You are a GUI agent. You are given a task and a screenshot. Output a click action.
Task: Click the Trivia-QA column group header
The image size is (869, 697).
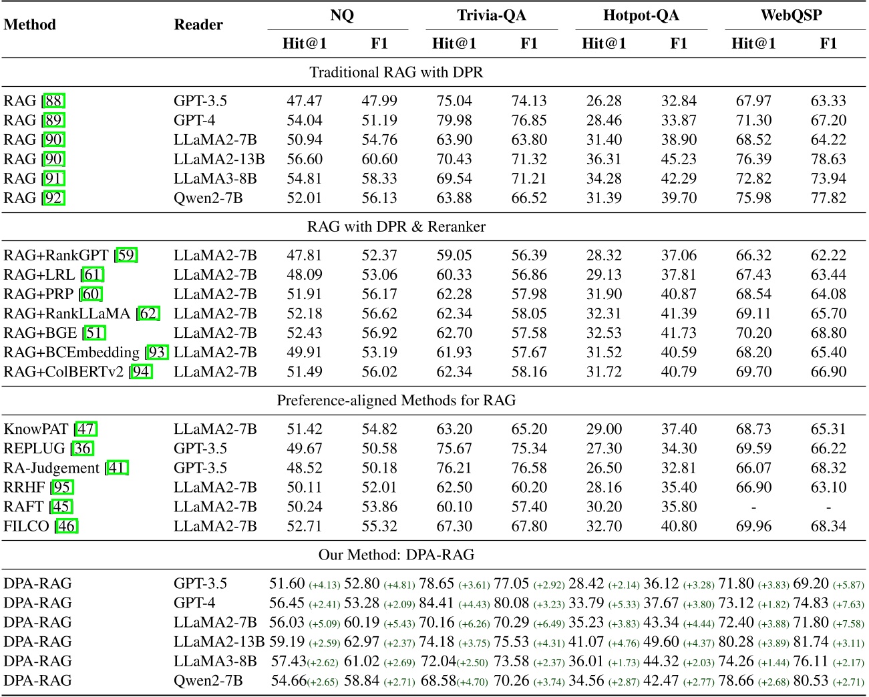point(492,15)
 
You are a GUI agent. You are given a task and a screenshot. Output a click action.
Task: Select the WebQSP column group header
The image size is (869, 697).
point(791,15)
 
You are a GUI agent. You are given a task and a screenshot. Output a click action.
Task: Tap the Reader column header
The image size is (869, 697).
point(198,25)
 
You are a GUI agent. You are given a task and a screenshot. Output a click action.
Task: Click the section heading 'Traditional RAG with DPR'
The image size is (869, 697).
point(396,72)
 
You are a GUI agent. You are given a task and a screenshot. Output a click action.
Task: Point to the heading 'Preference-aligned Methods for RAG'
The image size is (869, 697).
point(396,401)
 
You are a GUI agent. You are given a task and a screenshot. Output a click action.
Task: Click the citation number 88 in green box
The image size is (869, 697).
point(54,101)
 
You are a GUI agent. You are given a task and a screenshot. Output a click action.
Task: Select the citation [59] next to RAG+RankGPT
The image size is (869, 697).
point(127,256)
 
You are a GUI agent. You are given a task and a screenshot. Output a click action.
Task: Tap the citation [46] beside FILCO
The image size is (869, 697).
point(67,527)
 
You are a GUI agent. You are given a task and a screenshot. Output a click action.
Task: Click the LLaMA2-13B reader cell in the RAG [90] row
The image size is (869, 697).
point(219,160)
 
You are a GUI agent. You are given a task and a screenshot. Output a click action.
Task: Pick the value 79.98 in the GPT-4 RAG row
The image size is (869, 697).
point(454,121)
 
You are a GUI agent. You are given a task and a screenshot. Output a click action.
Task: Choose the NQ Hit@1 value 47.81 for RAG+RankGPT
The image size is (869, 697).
point(305,256)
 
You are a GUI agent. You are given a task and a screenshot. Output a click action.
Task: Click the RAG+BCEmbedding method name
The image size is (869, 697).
point(71,353)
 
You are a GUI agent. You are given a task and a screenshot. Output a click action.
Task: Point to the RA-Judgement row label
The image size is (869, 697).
point(51,468)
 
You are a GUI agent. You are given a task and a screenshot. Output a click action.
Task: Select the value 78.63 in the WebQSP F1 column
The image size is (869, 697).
point(828,160)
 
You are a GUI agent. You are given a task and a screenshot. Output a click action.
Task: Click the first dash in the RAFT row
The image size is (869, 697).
point(753,507)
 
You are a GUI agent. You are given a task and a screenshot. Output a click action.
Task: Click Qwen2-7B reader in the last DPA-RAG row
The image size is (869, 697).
point(208,681)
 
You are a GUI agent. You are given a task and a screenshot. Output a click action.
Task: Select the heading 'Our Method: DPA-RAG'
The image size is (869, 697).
point(396,555)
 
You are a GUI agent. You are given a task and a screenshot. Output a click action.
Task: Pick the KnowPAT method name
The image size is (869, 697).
point(37,429)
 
